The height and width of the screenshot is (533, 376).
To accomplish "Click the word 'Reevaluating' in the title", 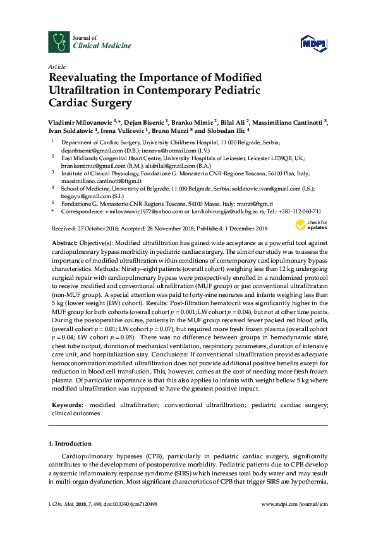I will (86, 78).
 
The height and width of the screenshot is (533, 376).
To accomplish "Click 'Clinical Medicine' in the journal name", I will (95, 46).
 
